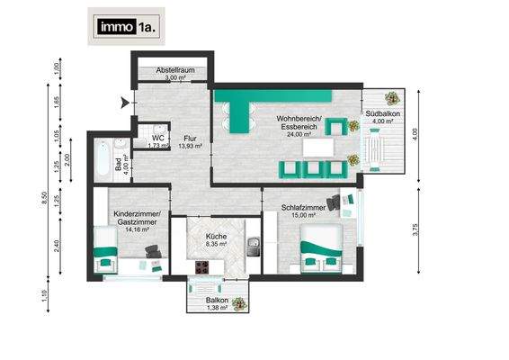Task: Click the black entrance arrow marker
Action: coord(124,103)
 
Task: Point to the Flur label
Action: coord(190,138)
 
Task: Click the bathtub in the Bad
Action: coord(102,159)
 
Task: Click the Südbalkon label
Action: coord(383,114)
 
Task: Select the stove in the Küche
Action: coord(202,266)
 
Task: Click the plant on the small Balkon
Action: coord(239,304)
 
